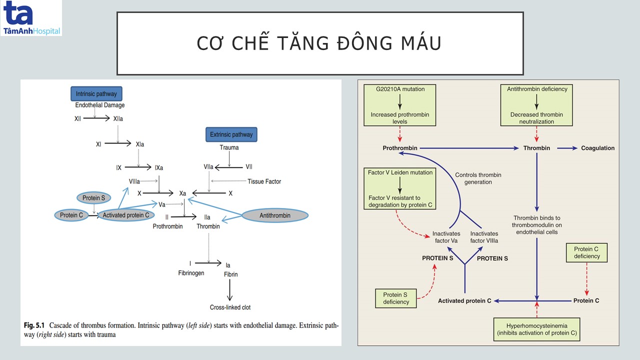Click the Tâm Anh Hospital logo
coord(31,18)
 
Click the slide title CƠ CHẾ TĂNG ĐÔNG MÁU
coord(319,43)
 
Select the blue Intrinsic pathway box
coord(96,93)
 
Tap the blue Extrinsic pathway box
coord(231,134)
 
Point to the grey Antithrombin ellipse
coord(275,215)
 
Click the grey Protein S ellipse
coord(93,198)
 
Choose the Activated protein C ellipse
coord(125,215)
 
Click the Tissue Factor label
coord(264,181)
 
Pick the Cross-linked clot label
coord(230,307)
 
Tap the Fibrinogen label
coord(191,273)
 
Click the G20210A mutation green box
coord(400,104)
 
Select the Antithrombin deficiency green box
coord(536,104)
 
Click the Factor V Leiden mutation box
coord(400,188)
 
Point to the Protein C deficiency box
coord(586,252)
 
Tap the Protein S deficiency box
coord(396,298)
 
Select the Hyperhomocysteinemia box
coord(536,329)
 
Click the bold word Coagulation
coord(597,148)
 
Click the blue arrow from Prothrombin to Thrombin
coord(470,148)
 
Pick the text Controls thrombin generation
coord(478,178)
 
